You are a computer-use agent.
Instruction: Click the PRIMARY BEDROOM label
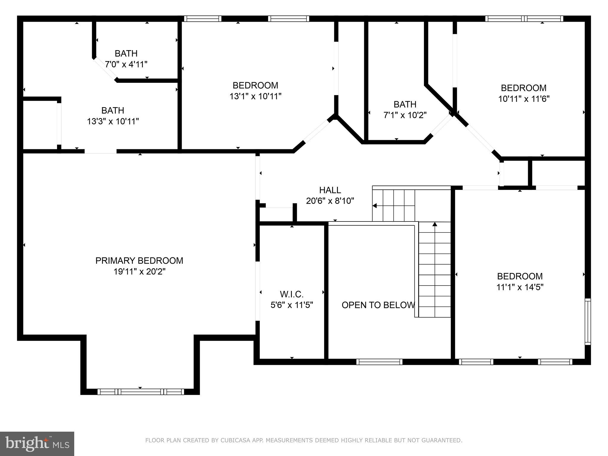(139, 261)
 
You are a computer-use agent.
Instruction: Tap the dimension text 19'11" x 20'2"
(139, 272)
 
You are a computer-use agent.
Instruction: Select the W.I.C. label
(292, 294)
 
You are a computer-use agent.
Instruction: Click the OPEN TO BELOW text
(378, 305)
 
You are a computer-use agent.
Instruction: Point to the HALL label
(330, 190)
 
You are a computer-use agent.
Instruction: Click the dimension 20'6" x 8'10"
(330, 201)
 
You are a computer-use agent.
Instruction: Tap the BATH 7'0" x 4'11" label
(126, 54)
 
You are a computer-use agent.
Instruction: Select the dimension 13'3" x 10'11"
(113, 121)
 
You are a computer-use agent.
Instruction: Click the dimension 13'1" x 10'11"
(255, 96)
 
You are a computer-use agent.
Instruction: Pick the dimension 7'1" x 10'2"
(405, 115)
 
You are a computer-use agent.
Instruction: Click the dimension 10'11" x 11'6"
(524, 99)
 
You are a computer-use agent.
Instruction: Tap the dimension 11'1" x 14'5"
(520, 287)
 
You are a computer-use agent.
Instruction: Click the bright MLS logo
(37, 444)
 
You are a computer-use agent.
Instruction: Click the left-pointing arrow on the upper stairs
(375, 205)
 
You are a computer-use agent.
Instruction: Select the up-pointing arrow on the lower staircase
(435, 224)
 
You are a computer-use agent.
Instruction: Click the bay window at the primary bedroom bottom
(141, 392)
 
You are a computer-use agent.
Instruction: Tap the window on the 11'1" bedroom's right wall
(588, 322)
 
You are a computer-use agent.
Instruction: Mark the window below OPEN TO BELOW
(379, 362)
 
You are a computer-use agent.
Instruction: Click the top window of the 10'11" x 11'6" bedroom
(524, 19)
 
